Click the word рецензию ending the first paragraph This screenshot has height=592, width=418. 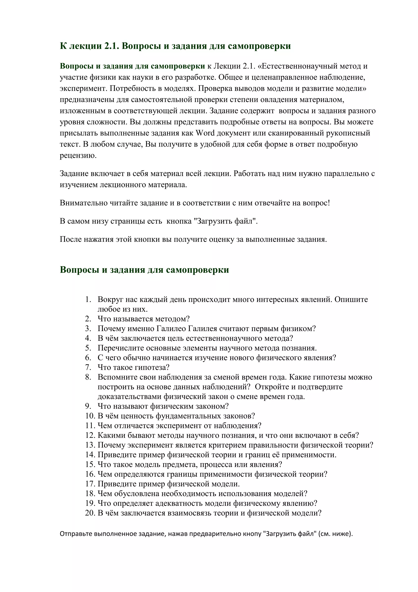(78, 156)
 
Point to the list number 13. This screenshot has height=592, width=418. (90, 445)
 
